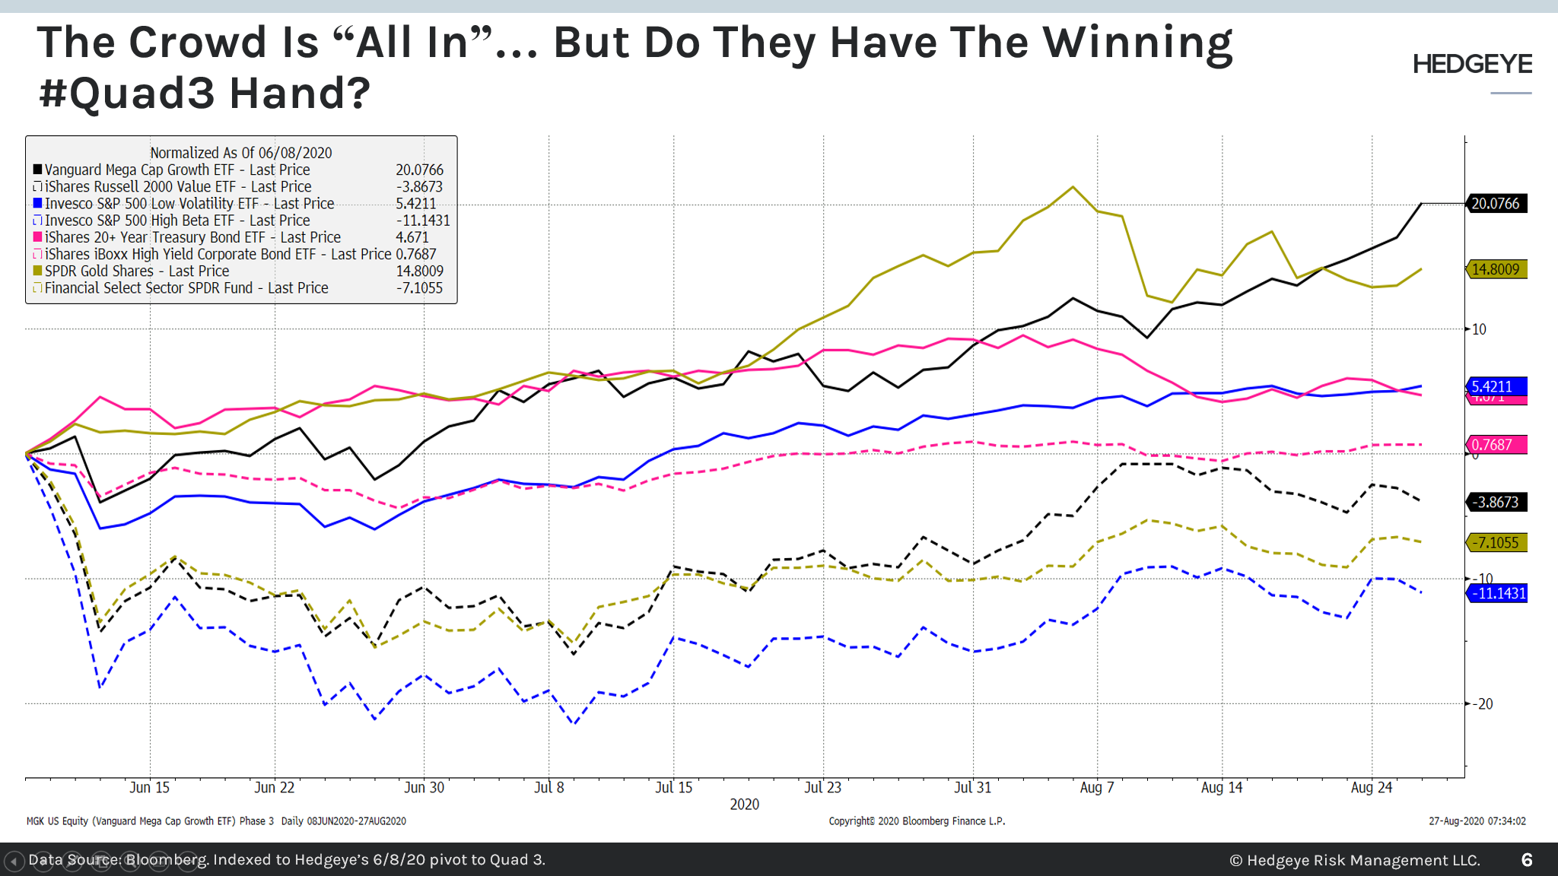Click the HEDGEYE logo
(1472, 65)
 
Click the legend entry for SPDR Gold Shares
(136, 271)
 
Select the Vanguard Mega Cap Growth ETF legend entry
(176, 170)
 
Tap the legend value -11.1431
(423, 221)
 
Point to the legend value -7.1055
(419, 288)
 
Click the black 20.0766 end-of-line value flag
(1496, 204)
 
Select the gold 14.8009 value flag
(1496, 269)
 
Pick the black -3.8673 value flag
(1496, 502)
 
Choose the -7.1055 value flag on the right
(1496, 543)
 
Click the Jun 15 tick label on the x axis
(149, 788)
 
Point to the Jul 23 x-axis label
(823, 788)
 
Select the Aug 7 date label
(1097, 788)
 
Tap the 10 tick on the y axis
(1480, 329)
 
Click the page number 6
(1527, 860)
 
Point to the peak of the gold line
(1073, 187)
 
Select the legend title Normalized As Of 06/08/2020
(240, 153)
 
